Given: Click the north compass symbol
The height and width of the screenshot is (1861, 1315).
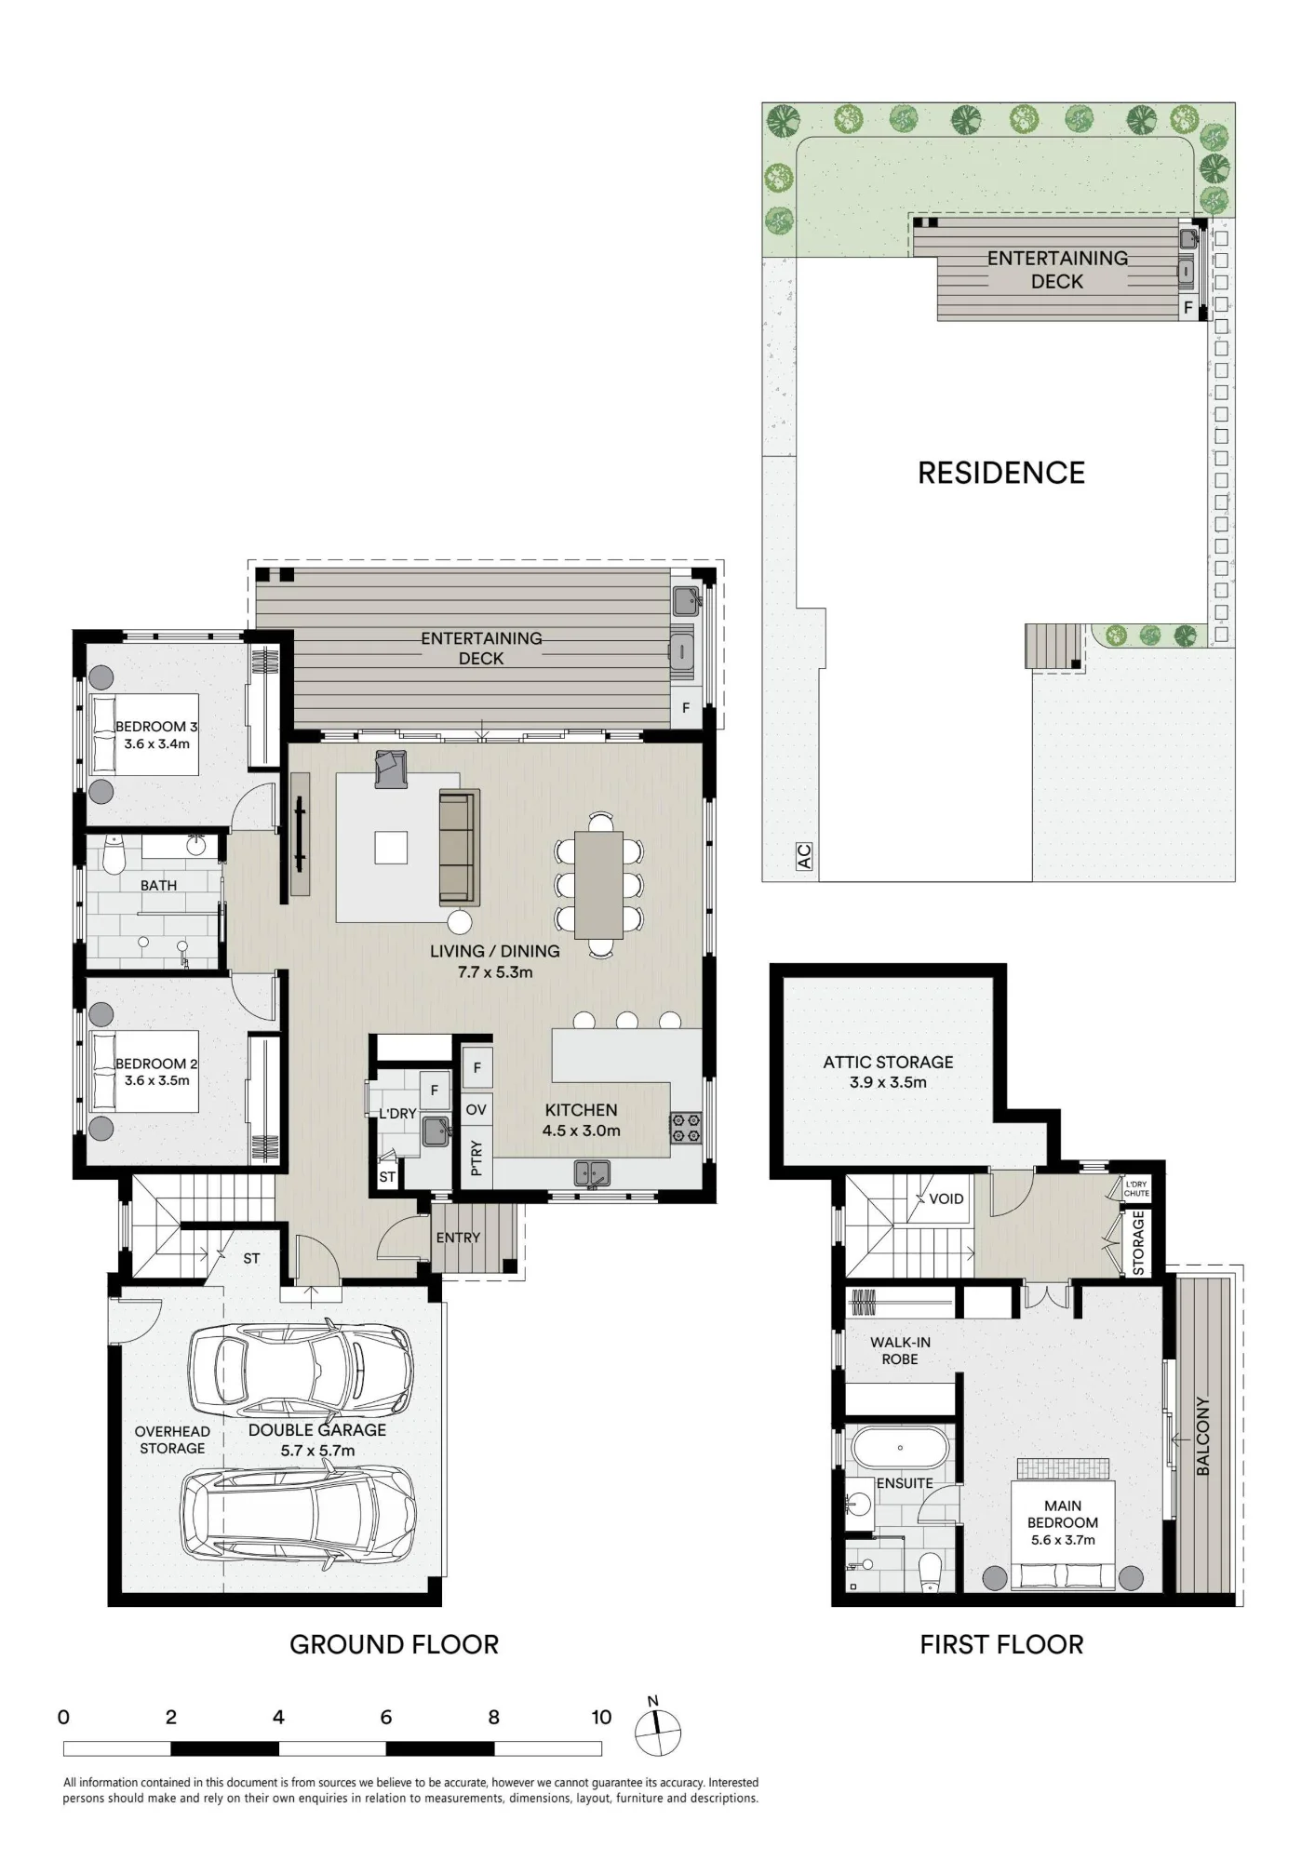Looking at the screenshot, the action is (x=657, y=1730).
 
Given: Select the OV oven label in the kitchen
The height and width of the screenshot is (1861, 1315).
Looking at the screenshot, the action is (x=476, y=1109).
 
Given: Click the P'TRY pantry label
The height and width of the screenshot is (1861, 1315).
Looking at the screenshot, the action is (x=476, y=1158).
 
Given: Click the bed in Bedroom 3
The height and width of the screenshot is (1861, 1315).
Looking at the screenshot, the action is (x=144, y=734).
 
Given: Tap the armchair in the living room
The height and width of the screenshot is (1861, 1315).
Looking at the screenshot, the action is (x=391, y=769).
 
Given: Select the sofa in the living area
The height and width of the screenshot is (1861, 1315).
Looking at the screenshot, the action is (x=458, y=847).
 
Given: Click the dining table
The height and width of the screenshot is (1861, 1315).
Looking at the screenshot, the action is (x=599, y=884).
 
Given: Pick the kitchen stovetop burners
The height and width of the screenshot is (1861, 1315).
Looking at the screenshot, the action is (x=686, y=1128).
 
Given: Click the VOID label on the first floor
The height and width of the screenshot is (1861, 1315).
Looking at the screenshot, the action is (x=946, y=1198).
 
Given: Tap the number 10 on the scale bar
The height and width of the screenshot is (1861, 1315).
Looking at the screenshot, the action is (x=601, y=1717).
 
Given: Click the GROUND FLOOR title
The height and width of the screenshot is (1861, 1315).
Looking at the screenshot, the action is (x=395, y=1644).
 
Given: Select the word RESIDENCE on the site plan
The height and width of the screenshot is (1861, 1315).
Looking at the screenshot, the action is (x=1001, y=473).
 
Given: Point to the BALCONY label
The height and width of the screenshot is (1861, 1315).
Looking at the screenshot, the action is (x=1202, y=1436).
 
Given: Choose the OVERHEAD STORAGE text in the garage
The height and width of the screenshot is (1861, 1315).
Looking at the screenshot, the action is (x=172, y=1439).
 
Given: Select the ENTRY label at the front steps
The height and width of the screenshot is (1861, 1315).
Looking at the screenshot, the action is (x=458, y=1238).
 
